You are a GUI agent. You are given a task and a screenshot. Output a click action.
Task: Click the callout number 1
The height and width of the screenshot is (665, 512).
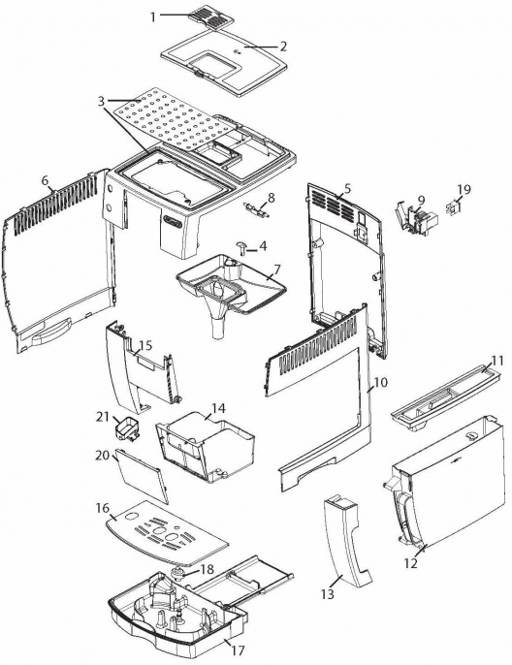[x=153, y=17]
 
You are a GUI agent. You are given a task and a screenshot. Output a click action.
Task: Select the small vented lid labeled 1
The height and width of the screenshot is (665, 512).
[x=210, y=17]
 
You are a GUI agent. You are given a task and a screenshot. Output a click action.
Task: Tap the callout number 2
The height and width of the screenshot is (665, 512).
[x=282, y=47]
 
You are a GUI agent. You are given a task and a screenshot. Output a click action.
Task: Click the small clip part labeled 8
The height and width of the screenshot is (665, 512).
[x=256, y=210]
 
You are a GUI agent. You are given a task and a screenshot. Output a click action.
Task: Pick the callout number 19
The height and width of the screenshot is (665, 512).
[x=464, y=189]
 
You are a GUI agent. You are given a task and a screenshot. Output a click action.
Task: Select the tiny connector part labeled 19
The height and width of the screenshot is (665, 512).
[x=454, y=207]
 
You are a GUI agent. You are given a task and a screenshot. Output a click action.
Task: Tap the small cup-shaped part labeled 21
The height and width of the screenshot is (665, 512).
[x=126, y=431]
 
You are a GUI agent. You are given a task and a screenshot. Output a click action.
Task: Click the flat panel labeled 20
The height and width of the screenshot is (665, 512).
[x=141, y=476]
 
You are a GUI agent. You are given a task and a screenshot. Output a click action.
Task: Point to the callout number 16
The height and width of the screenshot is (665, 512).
[x=103, y=508]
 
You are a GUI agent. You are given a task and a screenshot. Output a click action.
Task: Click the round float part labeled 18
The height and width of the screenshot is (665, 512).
[x=178, y=573]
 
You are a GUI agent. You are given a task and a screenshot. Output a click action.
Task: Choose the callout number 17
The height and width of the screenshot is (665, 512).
[x=239, y=649]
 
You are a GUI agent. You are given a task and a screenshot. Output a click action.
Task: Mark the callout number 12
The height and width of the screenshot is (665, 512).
[x=410, y=563]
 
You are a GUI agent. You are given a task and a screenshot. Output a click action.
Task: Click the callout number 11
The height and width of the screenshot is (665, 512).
[x=497, y=361]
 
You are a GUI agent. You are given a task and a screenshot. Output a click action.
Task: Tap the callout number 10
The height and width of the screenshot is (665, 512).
[x=381, y=382]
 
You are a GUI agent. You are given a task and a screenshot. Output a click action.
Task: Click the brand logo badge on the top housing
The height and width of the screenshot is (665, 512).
[x=173, y=221]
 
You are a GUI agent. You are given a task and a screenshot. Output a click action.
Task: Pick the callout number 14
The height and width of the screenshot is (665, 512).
[x=219, y=407]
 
